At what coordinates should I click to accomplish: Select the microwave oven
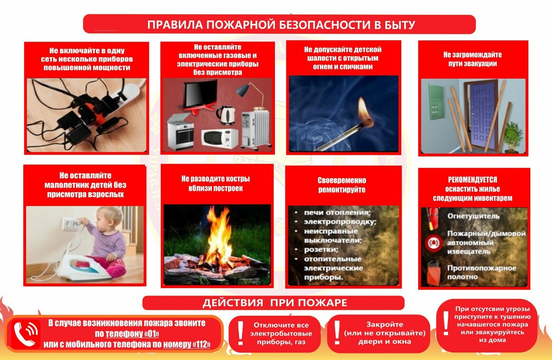(220, 138)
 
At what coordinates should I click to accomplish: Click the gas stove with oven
(181, 132)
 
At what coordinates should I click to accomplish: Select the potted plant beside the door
(513, 136)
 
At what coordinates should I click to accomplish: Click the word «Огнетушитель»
(473, 216)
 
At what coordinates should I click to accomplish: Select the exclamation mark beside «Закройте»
(337, 332)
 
